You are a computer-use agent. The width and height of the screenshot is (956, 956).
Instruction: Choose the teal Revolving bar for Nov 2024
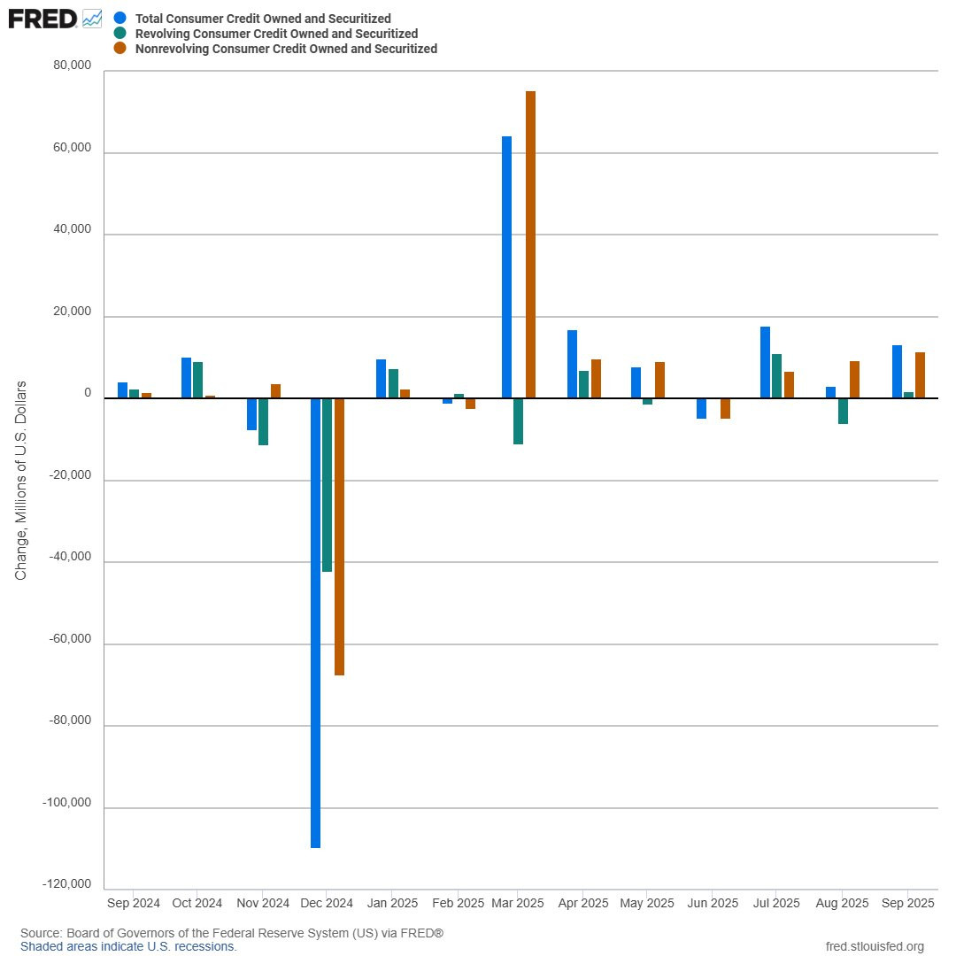click(263, 421)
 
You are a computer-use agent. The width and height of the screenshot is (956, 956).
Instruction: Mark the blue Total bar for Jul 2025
click(765, 363)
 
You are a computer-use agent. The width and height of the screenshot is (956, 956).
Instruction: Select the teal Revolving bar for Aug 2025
click(843, 411)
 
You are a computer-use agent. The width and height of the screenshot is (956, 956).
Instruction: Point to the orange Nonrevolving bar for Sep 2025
click(920, 375)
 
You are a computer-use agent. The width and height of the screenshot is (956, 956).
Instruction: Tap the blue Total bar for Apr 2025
click(572, 365)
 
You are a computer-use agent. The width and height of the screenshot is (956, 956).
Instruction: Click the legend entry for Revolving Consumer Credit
click(276, 34)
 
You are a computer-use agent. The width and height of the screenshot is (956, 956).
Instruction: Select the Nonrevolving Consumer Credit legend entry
click(286, 50)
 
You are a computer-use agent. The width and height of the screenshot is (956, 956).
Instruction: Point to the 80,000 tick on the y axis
click(73, 66)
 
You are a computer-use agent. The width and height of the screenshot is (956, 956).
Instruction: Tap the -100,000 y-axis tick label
click(66, 803)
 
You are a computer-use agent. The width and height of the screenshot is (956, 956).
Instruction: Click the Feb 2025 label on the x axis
click(458, 904)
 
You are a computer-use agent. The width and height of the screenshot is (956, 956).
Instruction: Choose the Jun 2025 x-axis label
click(713, 904)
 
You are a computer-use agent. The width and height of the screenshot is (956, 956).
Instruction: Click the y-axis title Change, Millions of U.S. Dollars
click(21, 481)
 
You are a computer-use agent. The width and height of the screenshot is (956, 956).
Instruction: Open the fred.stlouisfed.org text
click(874, 946)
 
